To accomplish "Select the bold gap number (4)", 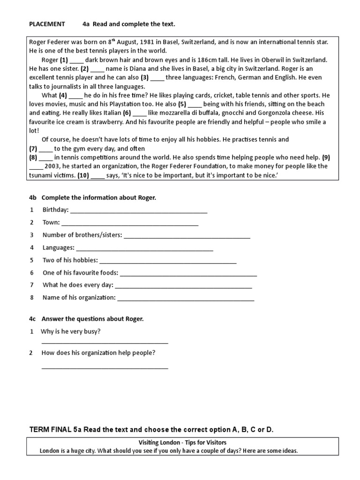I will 63,95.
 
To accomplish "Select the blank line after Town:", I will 130,223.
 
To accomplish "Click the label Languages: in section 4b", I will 58,247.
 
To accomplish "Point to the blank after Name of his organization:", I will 186,298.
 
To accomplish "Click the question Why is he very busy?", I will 71,332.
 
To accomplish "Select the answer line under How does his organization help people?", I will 105,367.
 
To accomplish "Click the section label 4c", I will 33,319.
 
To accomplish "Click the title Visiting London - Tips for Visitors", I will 182,443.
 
